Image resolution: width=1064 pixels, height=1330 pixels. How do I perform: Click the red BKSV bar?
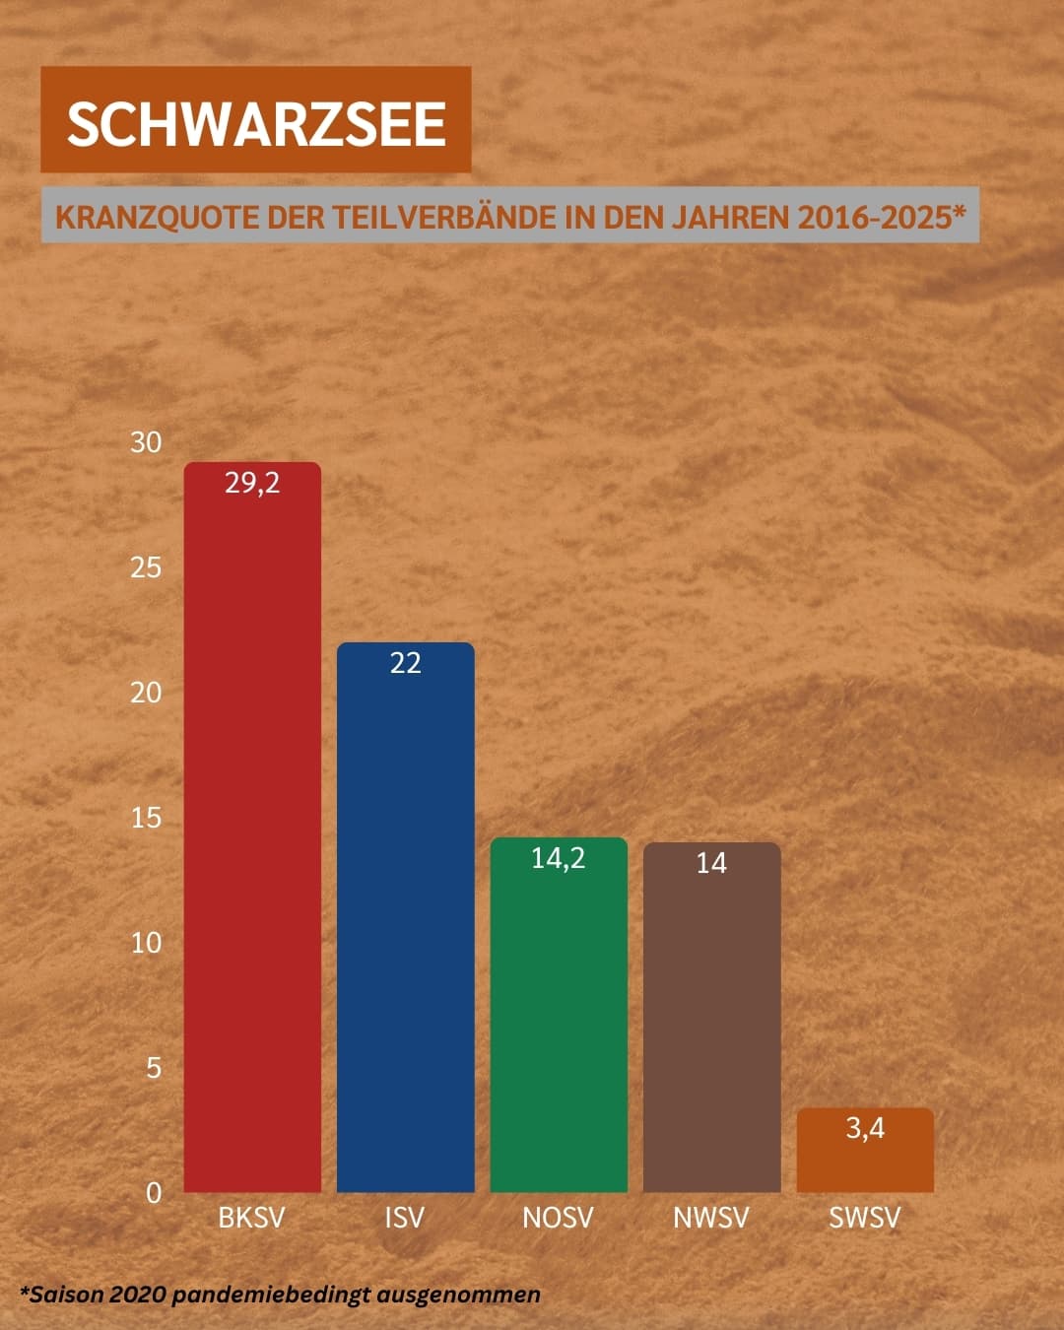[252, 837]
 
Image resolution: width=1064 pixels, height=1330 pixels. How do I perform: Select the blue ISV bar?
[405, 926]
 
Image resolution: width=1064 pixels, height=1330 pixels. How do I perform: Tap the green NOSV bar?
[559, 1025]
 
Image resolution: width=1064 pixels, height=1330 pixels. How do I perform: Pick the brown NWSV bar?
[711, 1025]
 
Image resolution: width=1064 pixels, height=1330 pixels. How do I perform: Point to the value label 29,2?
[252, 483]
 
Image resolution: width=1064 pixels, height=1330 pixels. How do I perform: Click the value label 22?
[405, 663]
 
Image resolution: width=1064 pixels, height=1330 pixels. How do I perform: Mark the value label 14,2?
[559, 858]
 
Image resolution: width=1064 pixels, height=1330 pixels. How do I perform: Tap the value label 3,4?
[865, 1128]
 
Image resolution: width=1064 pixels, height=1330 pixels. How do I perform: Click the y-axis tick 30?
[146, 442]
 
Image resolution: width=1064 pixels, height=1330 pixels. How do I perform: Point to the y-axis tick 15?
[146, 818]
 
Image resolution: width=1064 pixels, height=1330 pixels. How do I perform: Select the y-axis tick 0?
[154, 1193]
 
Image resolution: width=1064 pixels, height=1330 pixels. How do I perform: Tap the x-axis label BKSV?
[251, 1218]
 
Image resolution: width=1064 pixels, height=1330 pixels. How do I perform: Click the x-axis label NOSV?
[558, 1218]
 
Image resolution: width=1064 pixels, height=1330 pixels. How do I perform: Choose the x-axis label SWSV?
[864, 1218]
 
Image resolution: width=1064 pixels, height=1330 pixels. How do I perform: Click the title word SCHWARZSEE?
[256, 123]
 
